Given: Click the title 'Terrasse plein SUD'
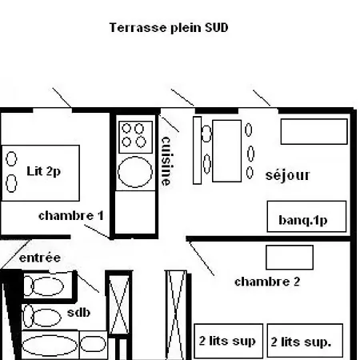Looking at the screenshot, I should pyautogui.click(x=169, y=27).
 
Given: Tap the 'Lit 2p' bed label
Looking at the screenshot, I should pyautogui.click(x=43, y=170).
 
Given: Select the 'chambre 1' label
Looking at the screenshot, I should pyautogui.click(x=70, y=215).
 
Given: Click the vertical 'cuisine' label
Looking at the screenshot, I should pyautogui.click(x=166, y=160).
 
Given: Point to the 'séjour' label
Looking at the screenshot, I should pyautogui.click(x=287, y=175).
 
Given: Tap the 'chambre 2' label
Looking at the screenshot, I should pyautogui.click(x=266, y=282).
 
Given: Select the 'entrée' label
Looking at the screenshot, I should pyautogui.click(x=39, y=258).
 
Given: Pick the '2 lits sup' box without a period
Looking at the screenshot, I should pyautogui.click(x=227, y=342).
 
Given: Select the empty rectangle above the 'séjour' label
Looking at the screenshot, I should pyautogui.click(x=314, y=131).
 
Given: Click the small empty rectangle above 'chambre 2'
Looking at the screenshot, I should pyautogui.click(x=289, y=258).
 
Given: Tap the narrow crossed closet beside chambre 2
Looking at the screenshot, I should pyautogui.click(x=175, y=312).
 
